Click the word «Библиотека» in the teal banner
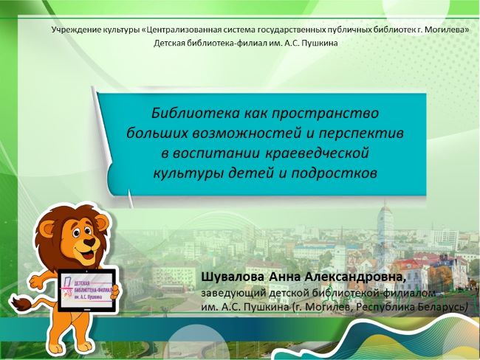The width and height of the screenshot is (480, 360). (x=195, y=113)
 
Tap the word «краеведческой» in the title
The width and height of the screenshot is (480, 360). (x=316, y=153)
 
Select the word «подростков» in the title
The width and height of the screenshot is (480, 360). (x=335, y=173)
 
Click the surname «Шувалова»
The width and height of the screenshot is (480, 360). (x=233, y=277)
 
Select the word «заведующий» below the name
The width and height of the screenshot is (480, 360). (x=233, y=293)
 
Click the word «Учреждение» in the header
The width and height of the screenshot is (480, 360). (x=72, y=30)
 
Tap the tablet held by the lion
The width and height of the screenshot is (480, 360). (x=88, y=291)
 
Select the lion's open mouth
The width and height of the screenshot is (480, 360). (x=88, y=254)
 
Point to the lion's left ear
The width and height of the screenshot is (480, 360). (x=46, y=232)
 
